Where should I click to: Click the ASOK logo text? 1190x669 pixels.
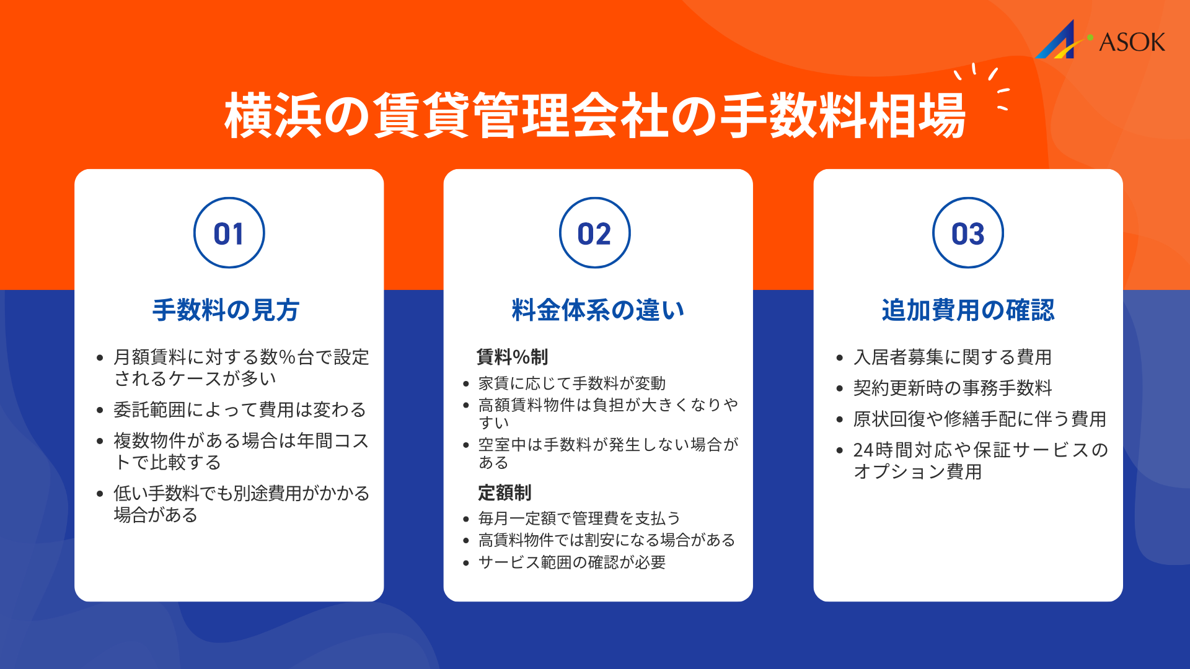[x=1132, y=42]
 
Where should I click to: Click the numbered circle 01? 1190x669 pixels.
[x=229, y=233]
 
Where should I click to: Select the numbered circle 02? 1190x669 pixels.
[x=594, y=233]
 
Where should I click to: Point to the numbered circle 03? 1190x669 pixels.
[x=967, y=233]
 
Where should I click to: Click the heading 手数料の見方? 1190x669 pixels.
[x=226, y=310]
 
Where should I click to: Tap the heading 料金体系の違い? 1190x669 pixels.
[x=597, y=310]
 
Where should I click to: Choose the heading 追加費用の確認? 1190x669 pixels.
[x=967, y=310]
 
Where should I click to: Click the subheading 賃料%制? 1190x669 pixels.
[x=512, y=357]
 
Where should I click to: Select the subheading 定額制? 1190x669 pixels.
[x=505, y=492]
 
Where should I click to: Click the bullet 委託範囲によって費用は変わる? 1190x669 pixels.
[x=240, y=409]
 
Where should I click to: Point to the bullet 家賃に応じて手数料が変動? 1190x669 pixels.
[x=572, y=383]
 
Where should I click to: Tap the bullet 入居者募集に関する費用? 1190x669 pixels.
[x=953, y=357]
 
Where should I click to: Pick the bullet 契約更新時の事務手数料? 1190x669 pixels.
[x=953, y=388]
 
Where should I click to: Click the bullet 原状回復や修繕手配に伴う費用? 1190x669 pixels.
[x=979, y=419]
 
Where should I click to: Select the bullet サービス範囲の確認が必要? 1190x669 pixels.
[x=572, y=562]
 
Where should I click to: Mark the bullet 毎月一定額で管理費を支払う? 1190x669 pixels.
[x=580, y=518]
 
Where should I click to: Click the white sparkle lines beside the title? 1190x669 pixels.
[x=985, y=87]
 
